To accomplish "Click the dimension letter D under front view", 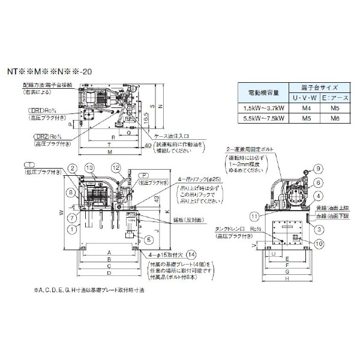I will point(108,273).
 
